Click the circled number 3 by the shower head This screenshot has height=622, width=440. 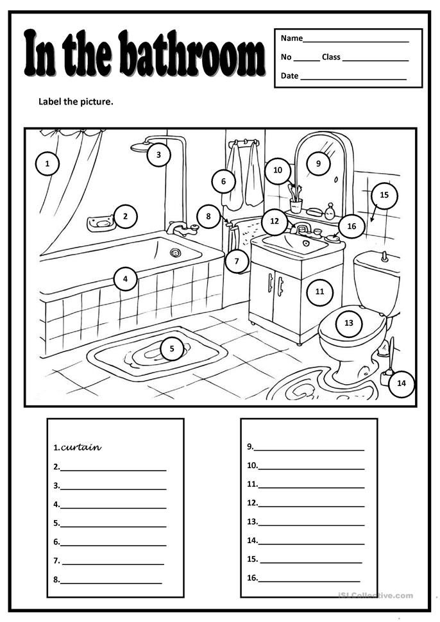tap(158, 155)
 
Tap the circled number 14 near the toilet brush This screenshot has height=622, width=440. tap(402, 383)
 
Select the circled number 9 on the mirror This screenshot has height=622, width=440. tap(318, 164)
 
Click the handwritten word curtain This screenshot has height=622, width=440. tap(81, 448)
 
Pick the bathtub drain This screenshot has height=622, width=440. tap(175, 253)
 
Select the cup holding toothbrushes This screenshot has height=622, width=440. tap(296, 206)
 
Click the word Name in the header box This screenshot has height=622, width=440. tap(291, 38)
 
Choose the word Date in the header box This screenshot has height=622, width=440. tap(289, 76)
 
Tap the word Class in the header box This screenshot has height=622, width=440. tap(331, 57)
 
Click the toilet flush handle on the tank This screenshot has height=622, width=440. tap(385, 256)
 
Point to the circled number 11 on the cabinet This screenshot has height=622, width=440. tap(320, 292)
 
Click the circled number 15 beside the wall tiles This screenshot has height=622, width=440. tap(384, 195)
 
